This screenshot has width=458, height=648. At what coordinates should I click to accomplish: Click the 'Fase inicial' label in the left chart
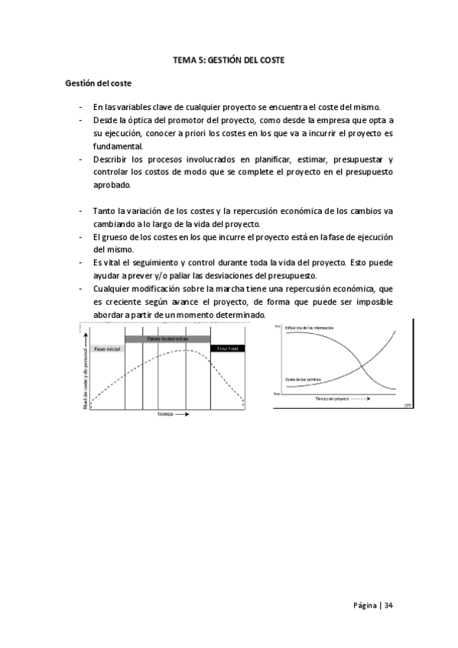107,348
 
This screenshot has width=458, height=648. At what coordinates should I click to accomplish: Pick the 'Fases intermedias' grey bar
167,339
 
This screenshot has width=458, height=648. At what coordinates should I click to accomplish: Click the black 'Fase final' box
227,348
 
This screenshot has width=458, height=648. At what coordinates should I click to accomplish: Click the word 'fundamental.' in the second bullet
118,145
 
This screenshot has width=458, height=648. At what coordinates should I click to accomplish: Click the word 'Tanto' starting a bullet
104,210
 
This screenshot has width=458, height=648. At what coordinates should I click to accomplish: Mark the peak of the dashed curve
185,351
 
